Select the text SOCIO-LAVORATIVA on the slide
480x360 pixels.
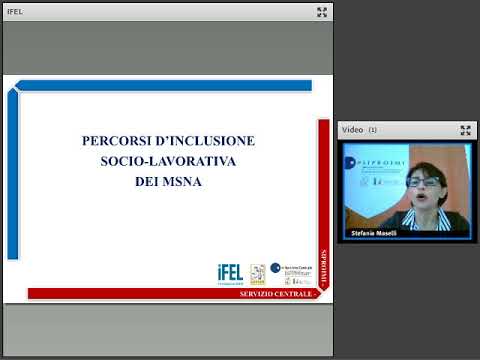click(168, 161)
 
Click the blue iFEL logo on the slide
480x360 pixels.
click(229, 273)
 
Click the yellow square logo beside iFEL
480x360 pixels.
click(257, 272)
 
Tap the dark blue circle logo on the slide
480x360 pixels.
click(275, 268)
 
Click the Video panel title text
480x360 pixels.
click(352, 130)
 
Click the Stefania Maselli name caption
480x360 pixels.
click(374, 232)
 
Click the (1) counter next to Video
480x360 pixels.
click(372, 130)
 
